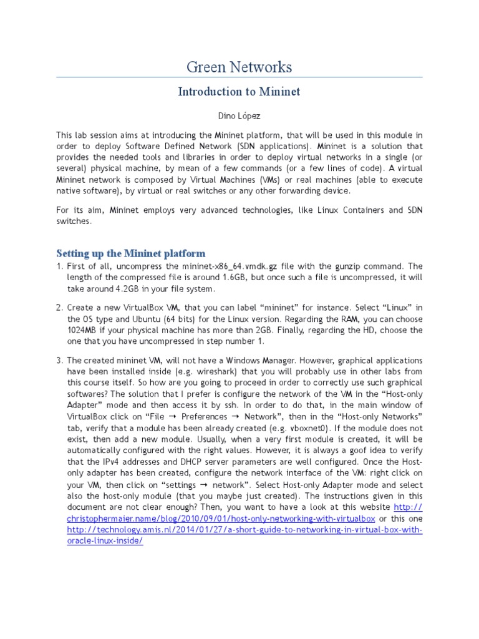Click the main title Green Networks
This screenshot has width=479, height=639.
click(239, 67)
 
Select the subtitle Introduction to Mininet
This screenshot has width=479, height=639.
click(239, 92)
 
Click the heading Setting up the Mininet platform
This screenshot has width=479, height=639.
click(130, 253)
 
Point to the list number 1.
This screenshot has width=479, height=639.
click(59, 266)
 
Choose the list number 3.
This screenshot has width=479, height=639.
click(59, 361)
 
